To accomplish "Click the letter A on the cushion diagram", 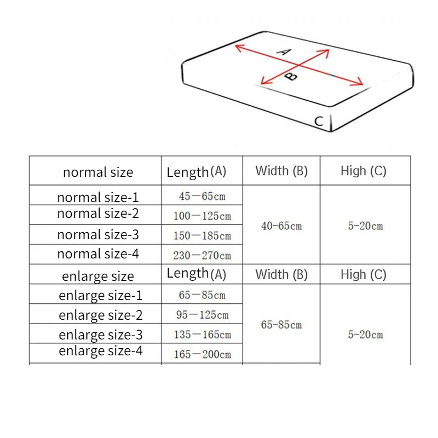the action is (x=283, y=52).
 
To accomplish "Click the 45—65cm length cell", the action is (x=202, y=195).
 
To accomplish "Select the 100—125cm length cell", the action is (x=202, y=216).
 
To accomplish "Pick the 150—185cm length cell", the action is (x=202, y=235).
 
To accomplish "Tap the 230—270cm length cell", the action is (x=202, y=255).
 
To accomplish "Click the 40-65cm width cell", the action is (x=281, y=226).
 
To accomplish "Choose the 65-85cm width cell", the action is (x=281, y=325).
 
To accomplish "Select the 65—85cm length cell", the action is (x=202, y=295).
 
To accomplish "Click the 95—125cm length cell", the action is (x=202, y=315).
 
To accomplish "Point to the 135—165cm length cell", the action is (x=202, y=335).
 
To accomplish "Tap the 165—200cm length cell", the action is (x=202, y=354).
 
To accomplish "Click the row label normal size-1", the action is (x=98, y=197).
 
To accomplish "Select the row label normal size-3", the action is (x=98, y=235).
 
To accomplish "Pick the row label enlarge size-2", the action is (x=101, y=315).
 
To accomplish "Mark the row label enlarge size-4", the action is (x=101, y=351).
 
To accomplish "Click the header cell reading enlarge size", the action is (x=98, y=276).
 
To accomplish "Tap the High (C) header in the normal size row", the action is (x=364, y=171).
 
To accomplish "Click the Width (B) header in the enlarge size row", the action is (x=281, y=274).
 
